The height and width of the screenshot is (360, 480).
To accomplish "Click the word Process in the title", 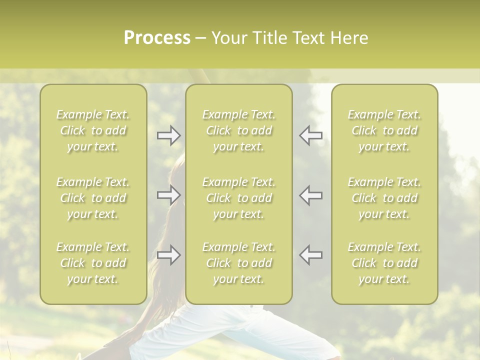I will coord(157,38).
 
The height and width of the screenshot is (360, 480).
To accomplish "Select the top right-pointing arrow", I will coord(168,135).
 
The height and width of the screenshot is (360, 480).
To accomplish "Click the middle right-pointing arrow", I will coord(168,194).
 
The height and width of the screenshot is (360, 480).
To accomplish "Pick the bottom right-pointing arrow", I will coord(168,255).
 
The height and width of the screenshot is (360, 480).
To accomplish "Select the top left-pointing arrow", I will coord(311,135).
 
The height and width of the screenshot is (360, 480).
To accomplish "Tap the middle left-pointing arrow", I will coord(311,194).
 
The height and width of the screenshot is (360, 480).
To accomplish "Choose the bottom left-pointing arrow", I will coord(311,255).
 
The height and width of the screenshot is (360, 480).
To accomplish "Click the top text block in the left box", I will coord(93,130).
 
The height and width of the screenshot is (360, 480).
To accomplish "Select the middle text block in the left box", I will coord(93,198).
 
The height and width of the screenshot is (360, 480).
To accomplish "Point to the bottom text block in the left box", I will coord(93,263).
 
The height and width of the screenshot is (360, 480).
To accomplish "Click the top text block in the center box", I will coord(239,130).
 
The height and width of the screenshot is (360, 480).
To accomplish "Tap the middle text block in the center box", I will coord(239,198).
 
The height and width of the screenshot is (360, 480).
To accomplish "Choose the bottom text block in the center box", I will coord(239,263).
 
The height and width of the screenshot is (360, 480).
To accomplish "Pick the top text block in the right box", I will coord(384,130).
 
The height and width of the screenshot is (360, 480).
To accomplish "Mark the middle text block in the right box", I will coord(384,198).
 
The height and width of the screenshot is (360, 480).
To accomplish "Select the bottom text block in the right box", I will coord(384,263).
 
